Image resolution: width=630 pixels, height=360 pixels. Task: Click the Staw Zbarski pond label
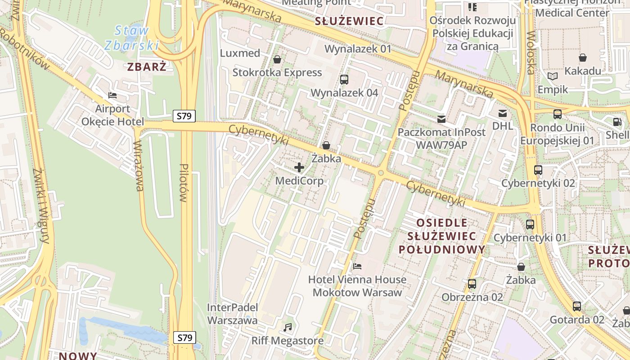point(131,38)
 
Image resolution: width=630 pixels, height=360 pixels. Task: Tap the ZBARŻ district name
point(147,67)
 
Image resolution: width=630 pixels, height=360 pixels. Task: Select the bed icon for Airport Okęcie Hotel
point(112,95)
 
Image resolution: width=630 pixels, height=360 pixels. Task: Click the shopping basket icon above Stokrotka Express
point(277,59)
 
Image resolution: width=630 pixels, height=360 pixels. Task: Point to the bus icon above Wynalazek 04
point(344,80)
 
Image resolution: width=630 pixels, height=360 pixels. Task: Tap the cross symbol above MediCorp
point(299,168)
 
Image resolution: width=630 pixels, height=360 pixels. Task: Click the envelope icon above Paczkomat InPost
point(441,119)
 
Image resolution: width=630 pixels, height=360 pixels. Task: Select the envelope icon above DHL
point(502,113)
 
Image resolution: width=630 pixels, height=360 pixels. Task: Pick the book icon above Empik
point(553,76)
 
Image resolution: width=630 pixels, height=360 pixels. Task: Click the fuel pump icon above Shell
point(617,121)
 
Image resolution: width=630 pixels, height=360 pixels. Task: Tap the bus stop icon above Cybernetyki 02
point(538,170)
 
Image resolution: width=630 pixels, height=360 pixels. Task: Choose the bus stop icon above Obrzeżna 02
point(472,284)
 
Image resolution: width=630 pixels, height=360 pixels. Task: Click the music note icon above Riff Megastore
point(288,327)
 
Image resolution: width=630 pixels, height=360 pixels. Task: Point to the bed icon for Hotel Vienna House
point(357,266)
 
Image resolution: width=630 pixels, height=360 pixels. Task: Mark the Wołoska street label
point(531,52)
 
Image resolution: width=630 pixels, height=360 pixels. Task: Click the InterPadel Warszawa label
point(232,314)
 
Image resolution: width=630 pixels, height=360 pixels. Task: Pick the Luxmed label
point(240,53)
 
